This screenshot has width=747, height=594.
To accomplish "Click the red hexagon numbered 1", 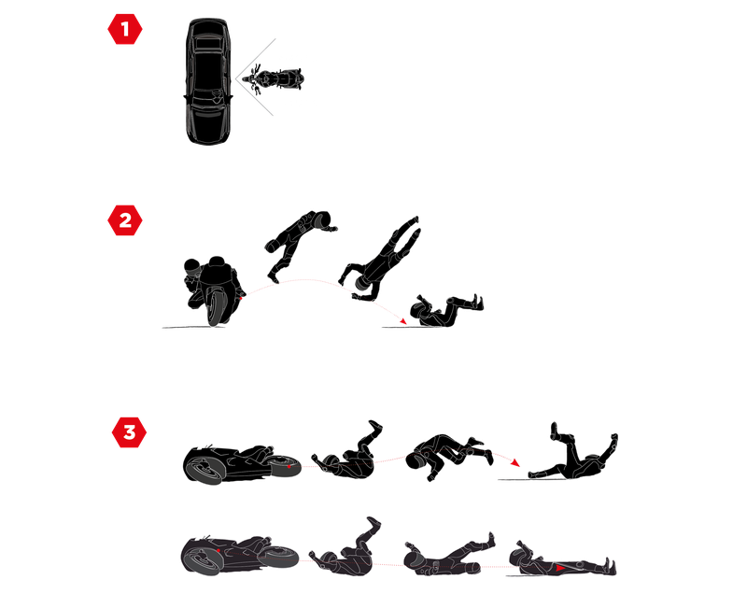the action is point(125,29).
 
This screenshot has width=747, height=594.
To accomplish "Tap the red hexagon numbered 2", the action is point(125,220).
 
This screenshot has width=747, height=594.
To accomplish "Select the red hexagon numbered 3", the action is point(129,432).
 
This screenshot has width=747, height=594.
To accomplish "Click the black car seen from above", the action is point(208,81).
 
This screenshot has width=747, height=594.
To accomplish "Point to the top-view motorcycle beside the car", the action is point(273,79).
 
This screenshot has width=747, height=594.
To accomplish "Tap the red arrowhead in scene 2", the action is point(403,321).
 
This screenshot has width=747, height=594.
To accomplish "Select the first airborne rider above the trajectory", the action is point(299,243).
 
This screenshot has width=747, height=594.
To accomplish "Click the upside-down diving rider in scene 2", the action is point(381,260).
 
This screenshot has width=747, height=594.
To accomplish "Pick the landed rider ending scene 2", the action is point(445,311).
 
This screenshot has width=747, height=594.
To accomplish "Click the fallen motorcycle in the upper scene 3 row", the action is point(242,464).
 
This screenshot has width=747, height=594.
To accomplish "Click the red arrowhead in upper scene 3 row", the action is point(514,462).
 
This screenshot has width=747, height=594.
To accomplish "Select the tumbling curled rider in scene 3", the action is point(448,456).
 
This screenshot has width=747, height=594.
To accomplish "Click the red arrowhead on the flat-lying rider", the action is point(559,568).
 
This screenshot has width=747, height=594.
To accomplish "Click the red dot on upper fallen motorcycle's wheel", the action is point(289,466).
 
